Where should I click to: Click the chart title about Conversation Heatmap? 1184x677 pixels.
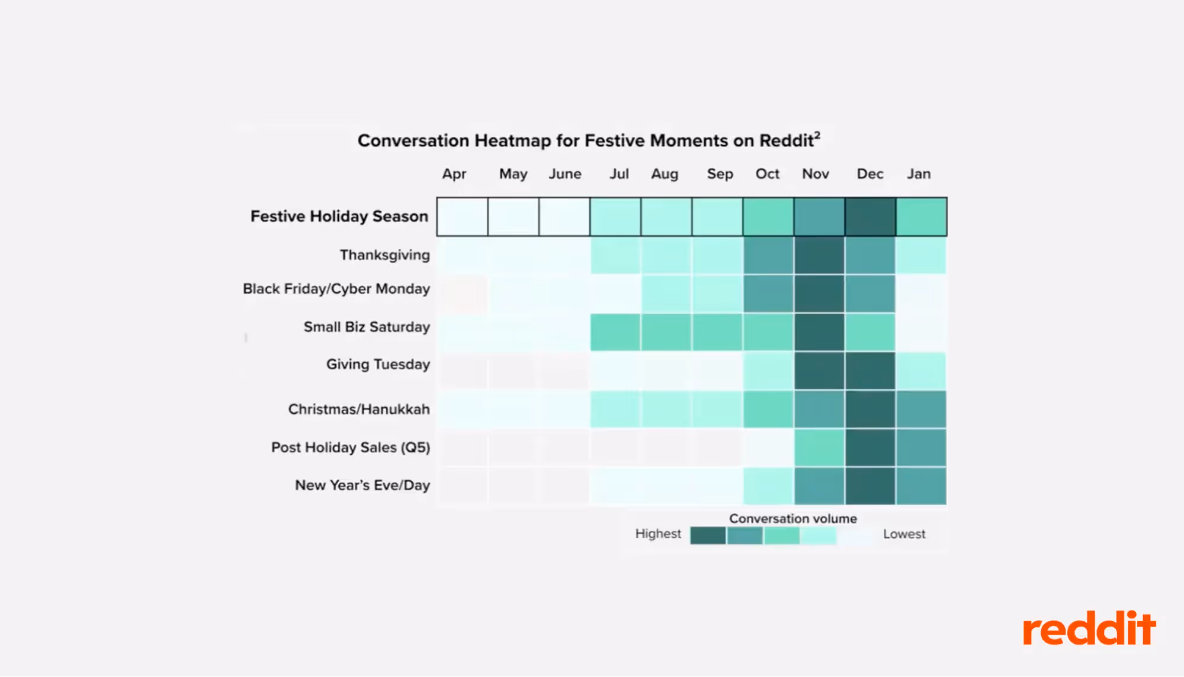point(588,140)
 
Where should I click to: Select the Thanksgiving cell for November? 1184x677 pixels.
point(819,255)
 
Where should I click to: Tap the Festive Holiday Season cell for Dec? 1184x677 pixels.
point(870,217)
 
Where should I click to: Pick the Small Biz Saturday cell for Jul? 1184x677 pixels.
point(615,332)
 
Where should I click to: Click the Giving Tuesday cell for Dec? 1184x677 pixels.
point(870,371)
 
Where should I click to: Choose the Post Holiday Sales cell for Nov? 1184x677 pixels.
point(819,448)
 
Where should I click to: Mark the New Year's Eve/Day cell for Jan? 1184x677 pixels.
point(921,486)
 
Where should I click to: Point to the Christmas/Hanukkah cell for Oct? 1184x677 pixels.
point(768,409)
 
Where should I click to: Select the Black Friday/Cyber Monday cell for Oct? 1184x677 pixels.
point(768,294)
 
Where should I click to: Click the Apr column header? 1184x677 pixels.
point(454,174)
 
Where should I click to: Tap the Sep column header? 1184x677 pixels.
point(720,174)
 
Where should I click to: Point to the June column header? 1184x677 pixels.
point(564,174)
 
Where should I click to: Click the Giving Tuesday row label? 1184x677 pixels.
point(378,364)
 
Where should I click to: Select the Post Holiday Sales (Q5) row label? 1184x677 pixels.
point(351,447)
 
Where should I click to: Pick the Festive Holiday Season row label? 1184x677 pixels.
point(339,216)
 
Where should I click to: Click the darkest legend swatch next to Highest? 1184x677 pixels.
point(708,535)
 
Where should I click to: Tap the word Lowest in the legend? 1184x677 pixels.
point(904,534)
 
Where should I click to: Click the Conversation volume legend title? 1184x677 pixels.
point(792,519)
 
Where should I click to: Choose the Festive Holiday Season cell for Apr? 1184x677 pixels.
point(462,217)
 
